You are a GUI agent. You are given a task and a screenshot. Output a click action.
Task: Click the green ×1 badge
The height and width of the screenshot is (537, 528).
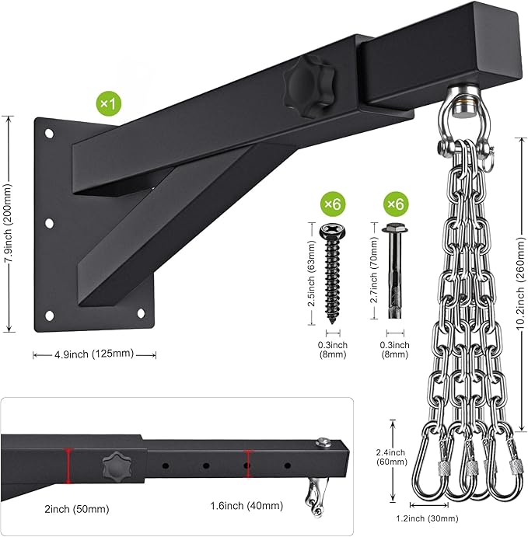(109, 103)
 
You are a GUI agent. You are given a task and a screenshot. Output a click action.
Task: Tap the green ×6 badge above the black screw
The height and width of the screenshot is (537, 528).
(333, 204)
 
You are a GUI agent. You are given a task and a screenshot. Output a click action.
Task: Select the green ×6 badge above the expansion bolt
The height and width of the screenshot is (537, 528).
(396, 204)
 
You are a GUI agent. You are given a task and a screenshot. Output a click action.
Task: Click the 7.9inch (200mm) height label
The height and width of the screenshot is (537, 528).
(8, 224)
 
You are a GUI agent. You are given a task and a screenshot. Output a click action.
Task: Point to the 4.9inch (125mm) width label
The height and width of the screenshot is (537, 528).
(94, 354)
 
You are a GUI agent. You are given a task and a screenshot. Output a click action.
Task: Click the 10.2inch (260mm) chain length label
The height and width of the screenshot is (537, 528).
(521, 284)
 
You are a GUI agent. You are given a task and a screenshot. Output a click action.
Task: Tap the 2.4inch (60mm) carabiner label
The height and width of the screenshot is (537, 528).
(391, 457)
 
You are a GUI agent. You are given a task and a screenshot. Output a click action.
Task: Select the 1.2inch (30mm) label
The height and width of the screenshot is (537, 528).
(427, 519)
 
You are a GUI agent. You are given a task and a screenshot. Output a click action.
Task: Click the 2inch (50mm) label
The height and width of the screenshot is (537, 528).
(77, 509)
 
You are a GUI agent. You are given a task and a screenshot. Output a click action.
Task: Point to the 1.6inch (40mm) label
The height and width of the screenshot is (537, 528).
(247, 506)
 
